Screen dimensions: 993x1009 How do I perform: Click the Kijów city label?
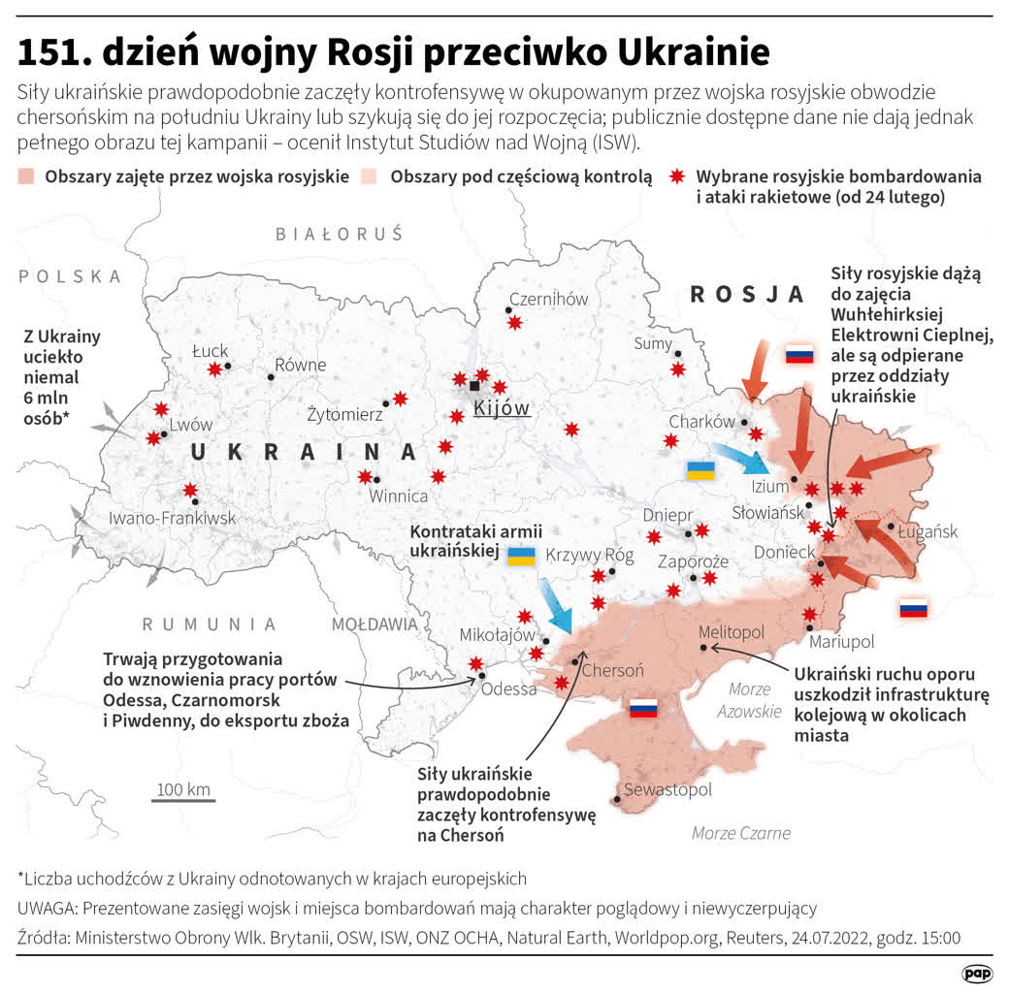click(x=502, y=408)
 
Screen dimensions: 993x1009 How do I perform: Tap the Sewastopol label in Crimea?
click(x=667, y=789)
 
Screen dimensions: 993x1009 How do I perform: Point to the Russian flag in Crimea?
click(x=643, y=708)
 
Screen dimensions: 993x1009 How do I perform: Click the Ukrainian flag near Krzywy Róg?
click(x=522, y=556)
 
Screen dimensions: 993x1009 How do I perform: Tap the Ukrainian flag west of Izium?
click(x=700, y=471)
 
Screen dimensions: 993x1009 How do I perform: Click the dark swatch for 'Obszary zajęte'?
click(x=27, y=177)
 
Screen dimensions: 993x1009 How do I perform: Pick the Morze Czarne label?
click(x=741, y=832)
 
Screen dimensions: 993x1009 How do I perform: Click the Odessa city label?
click(x=508, y=689)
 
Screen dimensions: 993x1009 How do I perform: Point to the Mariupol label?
click(x=841, y=642)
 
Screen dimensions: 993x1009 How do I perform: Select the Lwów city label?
click(x=190, y=425)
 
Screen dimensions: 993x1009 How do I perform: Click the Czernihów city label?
click(x=548, y=299)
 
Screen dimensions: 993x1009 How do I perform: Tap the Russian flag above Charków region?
click(x=799, y=354)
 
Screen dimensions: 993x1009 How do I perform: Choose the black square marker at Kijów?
click(x=474, y=386)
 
